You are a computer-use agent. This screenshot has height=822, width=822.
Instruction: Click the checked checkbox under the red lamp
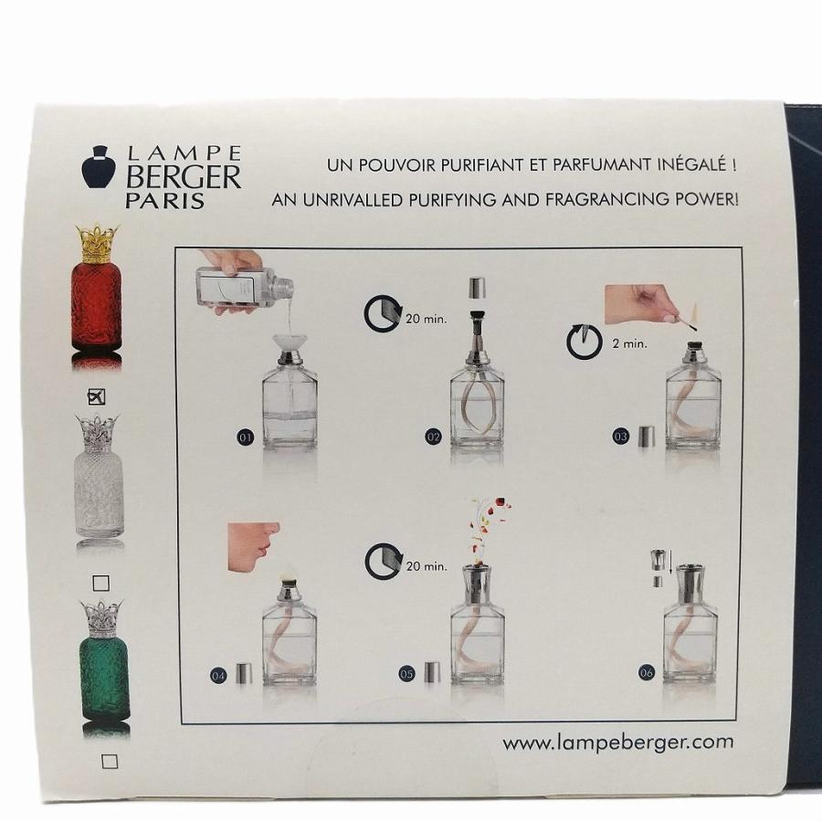tap(96, 397)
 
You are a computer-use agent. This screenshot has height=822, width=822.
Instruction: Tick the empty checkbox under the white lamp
tap(100, 583)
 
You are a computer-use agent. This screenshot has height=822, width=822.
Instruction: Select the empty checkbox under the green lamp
tap(110, 761)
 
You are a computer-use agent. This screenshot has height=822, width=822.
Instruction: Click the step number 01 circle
tap(246, 437)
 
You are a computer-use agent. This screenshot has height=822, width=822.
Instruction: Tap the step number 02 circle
tap(433, 437)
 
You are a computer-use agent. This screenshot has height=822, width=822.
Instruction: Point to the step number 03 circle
tap(620, 437)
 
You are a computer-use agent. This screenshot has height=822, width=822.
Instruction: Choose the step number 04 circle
tap(218, 675)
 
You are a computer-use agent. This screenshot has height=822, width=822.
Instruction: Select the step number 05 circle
tap(406, 674)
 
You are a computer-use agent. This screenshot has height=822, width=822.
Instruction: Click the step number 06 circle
tap(647, 672)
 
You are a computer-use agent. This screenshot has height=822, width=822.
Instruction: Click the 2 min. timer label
tap(629, 344)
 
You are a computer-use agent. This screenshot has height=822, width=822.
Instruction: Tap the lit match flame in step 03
tap(696, 312)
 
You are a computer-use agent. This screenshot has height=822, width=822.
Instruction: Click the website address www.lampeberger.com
tap(618, 743)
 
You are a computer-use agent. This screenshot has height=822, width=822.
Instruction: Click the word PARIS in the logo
tap(165, 201)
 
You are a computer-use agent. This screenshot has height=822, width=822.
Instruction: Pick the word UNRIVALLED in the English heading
tap(353, 200)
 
